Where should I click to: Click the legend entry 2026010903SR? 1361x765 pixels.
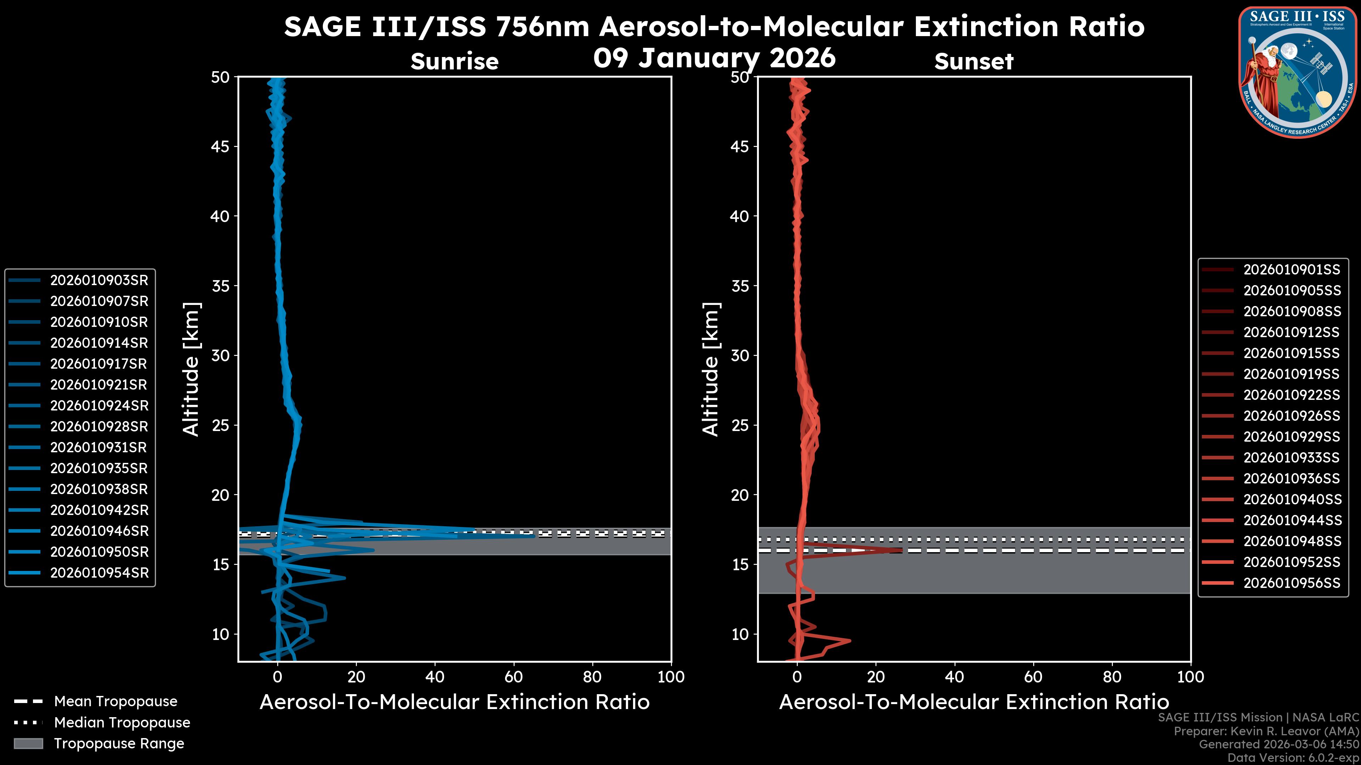click(99, 280)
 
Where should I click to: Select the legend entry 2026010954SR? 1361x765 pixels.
click(99, 573)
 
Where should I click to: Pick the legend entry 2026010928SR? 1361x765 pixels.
click(99, 426)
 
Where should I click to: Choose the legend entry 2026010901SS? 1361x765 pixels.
click(1291, 270)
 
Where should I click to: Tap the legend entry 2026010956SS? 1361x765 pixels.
click(1291, 583)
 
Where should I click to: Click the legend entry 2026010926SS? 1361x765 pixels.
click(1291, 416)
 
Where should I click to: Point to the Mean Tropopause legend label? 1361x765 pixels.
click(115, 701)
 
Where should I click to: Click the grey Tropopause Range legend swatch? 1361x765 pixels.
click(28, 743)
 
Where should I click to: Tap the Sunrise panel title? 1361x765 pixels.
click(454, 62)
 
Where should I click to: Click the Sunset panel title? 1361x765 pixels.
click(974, 62)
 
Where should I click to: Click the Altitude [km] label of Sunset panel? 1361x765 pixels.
click(711, 369)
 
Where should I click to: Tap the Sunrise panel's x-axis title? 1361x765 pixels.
click(454, 702)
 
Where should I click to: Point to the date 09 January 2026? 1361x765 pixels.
click(714, 58)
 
